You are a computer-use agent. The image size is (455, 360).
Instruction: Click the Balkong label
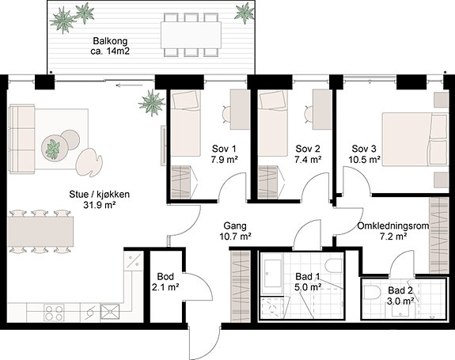(x=110, y=41)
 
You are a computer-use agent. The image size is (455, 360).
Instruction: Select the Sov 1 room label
(x=224, y=149)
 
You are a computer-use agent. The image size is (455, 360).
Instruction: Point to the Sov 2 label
(x=308, y=149)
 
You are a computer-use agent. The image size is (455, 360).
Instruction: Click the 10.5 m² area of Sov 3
(x=365, y=160)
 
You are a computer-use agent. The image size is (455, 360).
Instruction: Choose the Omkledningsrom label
(x=393, y=226)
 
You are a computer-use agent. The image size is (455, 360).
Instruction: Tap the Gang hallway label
(x=235, y=225)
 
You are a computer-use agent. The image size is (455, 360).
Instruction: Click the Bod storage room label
(x=165, y=276)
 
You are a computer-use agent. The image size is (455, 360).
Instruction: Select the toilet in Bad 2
(x=371, y=292)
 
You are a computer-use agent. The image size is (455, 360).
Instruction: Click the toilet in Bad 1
(x=334, y=266)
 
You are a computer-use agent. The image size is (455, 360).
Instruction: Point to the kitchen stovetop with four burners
(x=54, y=313)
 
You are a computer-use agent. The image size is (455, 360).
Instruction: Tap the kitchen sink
(x=110, y=312)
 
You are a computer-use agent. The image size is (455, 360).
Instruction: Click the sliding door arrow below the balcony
(x=129, y=85)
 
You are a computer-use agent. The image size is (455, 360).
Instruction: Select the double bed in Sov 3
(x=415, y=139)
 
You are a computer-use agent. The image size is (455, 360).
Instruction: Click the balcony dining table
(x=191, y=35)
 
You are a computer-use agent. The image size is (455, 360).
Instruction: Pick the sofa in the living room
(x=22, y=139)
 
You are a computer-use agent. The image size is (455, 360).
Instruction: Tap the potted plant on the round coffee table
(x=53, y=149)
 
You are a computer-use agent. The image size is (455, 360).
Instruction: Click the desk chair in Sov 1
(x=226, y=114)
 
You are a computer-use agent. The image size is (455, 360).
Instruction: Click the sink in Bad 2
(x=401, y=311)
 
